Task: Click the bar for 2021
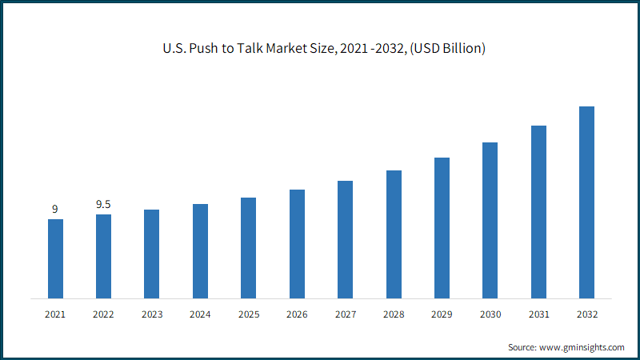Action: [x=55, y=258]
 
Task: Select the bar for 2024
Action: [x=201, y=251]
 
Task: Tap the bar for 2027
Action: [x=346, y=239]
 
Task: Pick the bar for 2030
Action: [x=490, y=221]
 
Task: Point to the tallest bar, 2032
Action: [x=587, y=202]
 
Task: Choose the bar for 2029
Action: [x=442, y=228]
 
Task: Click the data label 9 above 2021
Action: [x=55, y=209]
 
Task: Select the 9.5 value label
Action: [x=103, y=204]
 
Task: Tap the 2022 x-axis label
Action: [x=103, y=314]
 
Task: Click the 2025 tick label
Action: [x=249, y=314]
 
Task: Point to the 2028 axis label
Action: [x=394, y=314]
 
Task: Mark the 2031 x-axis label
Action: [x=538, y=314]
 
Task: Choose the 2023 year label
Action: [x=152, y=314]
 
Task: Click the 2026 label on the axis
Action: [x=297, y=314]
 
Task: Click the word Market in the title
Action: [x=285, y=48]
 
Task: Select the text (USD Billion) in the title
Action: [x=448, y=49]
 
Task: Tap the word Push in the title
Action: [x=203, y=48]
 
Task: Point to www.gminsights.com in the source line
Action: [x=582, y=347]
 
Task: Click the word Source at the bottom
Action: [x=522, y=347]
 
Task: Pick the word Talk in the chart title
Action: [x=250, y=48]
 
